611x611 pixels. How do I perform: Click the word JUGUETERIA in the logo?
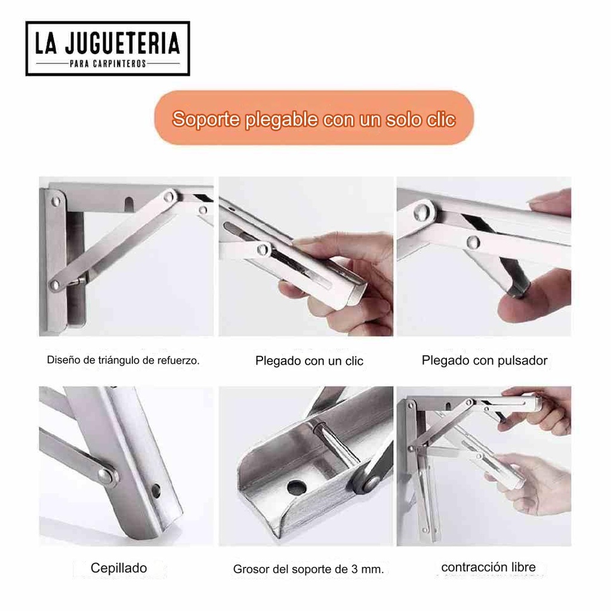125,44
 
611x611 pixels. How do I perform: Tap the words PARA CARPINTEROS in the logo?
107,63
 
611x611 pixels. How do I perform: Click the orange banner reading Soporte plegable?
314,118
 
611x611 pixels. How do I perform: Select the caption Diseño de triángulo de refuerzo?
123,360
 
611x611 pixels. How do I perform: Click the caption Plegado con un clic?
309,361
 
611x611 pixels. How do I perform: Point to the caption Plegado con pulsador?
484,360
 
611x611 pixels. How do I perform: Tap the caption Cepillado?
118,568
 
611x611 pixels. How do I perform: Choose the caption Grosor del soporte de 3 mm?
308,569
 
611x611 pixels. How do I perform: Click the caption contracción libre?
488,567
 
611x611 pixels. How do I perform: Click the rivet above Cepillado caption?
106,476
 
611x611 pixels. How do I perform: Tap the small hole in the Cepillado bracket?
156,491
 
